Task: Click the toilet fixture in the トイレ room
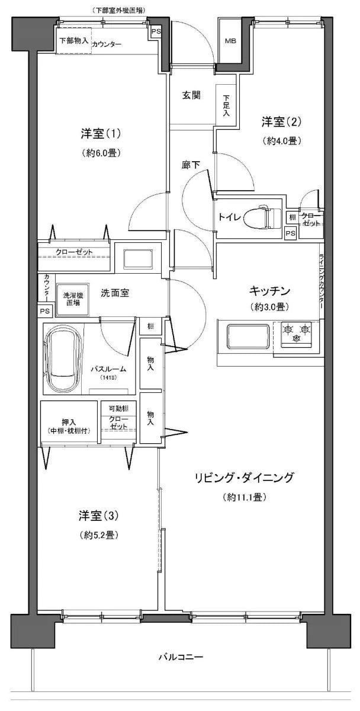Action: click(x=266, y=217)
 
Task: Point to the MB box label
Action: click(x=230, y=41)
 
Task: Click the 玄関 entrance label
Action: click(x=190, y=95)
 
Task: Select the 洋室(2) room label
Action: click(x=282, y=122)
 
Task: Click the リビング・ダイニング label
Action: click(x=245, y=478)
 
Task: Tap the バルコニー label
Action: click(x=181, y=657)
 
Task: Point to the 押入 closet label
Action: click(x=69, y=422)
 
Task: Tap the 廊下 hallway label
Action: click(x=189, y=166)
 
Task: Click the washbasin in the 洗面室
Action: click(x=137, y=258)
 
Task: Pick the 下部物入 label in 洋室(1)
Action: click(x=74, y=41)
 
